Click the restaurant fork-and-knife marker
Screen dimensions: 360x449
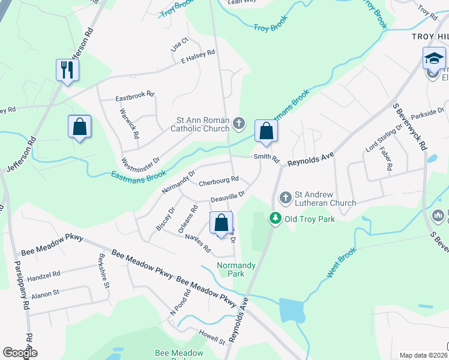coord(67,70)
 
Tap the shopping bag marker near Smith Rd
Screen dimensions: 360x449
coord(265,131)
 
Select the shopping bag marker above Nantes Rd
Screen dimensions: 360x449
coord(221,223)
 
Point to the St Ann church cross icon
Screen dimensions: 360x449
coord(239,124)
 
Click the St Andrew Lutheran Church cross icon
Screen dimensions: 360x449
coord(286,196)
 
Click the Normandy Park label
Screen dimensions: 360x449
coord(237,269)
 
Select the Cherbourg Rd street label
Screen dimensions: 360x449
coord(218,179)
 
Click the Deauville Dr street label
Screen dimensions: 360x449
coord(228,196)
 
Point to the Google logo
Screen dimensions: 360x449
coord(20,353)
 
